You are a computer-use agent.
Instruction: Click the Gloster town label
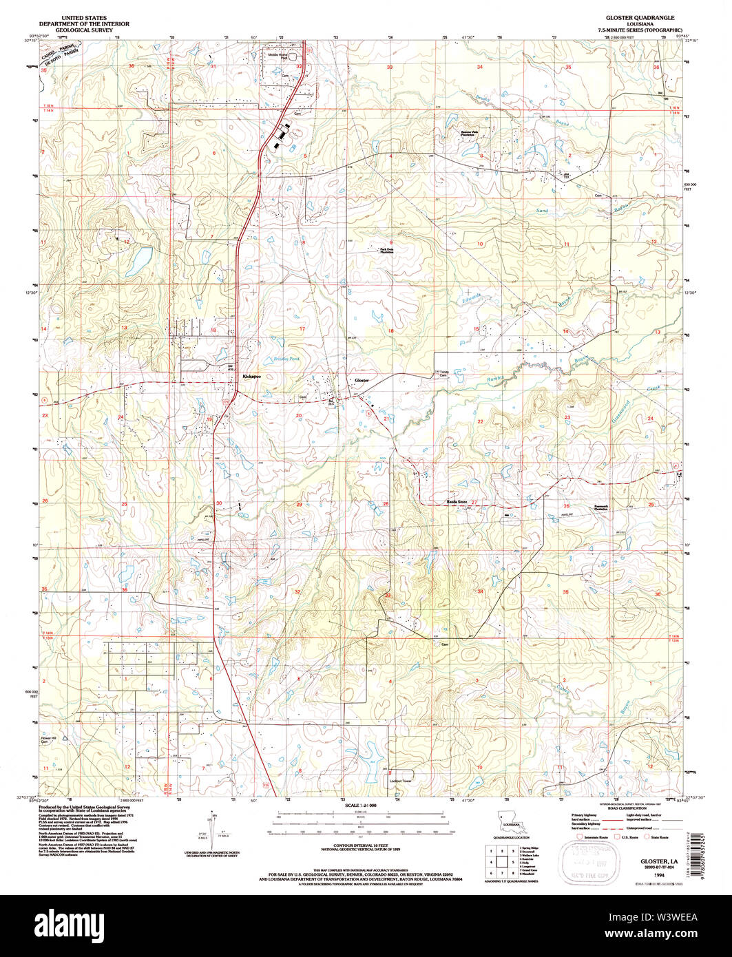(362, 380)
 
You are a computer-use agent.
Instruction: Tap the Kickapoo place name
(251, 376)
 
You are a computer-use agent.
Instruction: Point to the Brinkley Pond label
(284, 359)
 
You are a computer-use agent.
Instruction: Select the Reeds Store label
(457, 502)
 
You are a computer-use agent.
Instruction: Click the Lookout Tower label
(400, 781)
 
